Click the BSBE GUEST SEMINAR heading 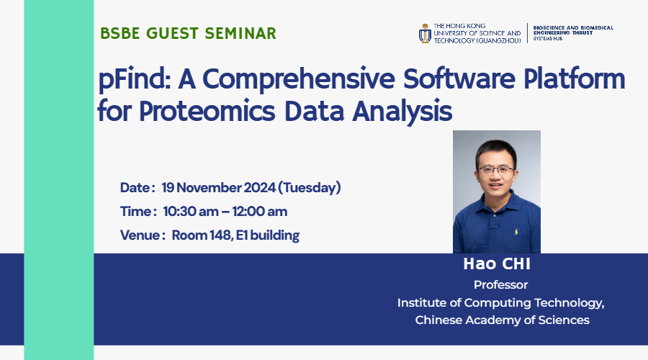click(188, 33)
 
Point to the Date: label click(137, 188)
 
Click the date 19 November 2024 click(218, 188)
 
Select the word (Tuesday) click(310, 188)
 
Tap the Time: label click(138, 212)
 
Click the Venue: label click(143, 235)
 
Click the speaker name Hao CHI click(496, 265)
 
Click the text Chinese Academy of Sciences click(502, 320)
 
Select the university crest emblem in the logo click(425, 34)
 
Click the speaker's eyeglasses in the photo click(496, 169)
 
